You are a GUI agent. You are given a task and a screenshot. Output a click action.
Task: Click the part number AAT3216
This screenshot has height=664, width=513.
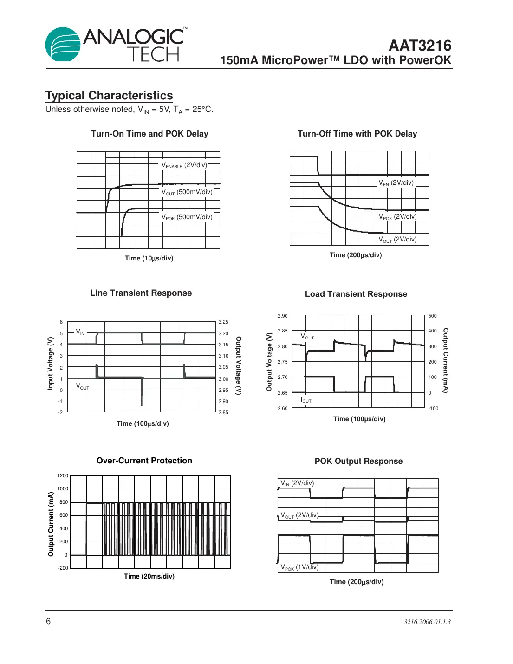(x=420, y=46)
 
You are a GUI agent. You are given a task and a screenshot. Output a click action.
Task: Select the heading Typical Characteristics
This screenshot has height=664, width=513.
(x=109, y=96)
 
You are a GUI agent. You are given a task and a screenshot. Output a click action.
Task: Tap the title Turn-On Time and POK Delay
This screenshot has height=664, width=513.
(x=149, y=134)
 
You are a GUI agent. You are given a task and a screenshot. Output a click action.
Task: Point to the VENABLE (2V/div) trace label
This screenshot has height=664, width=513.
(x=184, y=165)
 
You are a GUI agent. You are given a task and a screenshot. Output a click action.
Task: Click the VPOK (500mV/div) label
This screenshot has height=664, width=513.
(x=187, y=217)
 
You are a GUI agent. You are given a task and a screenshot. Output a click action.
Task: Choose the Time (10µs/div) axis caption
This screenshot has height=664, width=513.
(x=149, y=258)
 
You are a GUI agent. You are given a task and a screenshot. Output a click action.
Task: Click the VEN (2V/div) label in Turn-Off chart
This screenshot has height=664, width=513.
(x=396, y=183)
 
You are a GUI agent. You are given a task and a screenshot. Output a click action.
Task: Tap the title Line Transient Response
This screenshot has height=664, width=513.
(x=141, y=293)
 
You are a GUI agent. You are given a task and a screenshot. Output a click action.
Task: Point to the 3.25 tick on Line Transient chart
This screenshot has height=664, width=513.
(x=223, y=322)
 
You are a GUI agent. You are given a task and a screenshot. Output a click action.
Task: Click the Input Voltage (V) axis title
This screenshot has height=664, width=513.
(x=51, y=363)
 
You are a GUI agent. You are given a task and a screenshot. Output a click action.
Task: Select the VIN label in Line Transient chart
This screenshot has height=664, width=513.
(x=80, y=332)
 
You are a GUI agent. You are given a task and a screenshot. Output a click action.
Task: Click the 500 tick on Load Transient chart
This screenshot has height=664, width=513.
(x=432, y=316)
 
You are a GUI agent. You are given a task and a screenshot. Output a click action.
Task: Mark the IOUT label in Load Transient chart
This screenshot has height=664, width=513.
(x=306, y=400)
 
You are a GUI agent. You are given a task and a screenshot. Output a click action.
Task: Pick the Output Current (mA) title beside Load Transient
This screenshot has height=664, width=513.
(x=445, y=360)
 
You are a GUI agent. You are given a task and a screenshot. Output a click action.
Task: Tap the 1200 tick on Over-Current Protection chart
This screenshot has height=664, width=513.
(x=63, y=475)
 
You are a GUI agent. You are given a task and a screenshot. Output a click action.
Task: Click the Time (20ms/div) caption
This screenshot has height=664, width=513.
(x=149, y=576)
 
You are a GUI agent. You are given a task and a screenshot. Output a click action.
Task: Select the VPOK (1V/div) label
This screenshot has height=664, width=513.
(x=299, y=567)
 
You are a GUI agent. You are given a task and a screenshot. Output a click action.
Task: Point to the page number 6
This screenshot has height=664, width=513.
(x=48, y=621)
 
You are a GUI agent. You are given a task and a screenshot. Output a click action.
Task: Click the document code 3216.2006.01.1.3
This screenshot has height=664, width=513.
(x=427, y=622)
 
